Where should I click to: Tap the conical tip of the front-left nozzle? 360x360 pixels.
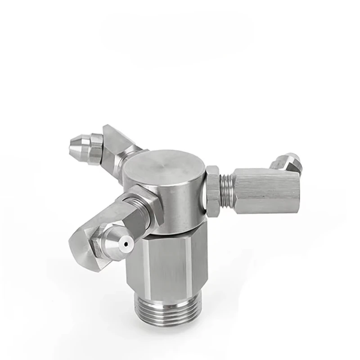point(121,241)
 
